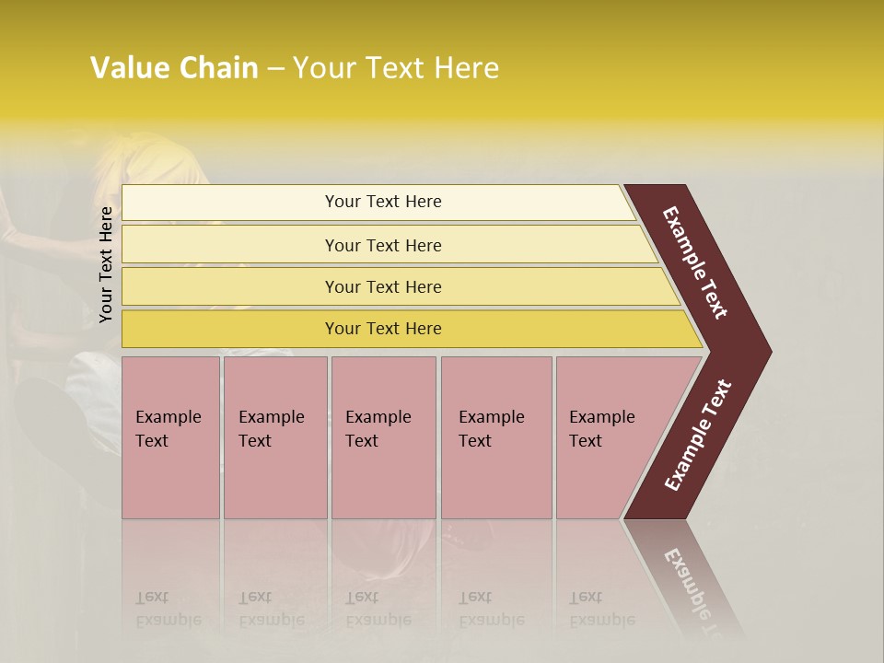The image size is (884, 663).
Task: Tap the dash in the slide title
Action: pyautogui.click(x=275, y=69)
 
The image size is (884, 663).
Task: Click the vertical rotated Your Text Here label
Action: pyautogui.click(x=106, y=264)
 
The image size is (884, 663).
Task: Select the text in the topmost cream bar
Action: pyautogui.click(x=383, y=202)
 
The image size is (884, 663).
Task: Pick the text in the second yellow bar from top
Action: pyautogui.click(x=383, y=245)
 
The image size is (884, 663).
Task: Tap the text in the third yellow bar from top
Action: pyautogui.click(x=383, y=286)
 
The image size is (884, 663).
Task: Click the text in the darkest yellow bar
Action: pyautogui.click(x=383, y=328)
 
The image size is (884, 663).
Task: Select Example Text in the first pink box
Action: pyautogui.click(x=168, y=429)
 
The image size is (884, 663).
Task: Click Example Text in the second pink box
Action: pyautogui.click(x=271, y=429)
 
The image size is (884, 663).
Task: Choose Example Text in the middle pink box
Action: pyautogui.click(x=378, y=429)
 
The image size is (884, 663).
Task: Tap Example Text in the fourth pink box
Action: pyautogui.click(x=491, y=429)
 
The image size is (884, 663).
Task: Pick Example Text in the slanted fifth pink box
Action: pyautogui.click(x=601, y=429)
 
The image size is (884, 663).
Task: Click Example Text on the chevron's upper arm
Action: pyautogui.click(x=696, y=262)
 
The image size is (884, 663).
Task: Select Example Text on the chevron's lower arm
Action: pyautogui.click(x=698, y=436)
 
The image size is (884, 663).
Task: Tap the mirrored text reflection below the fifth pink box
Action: pyautogui.click(x=601, y=610)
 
